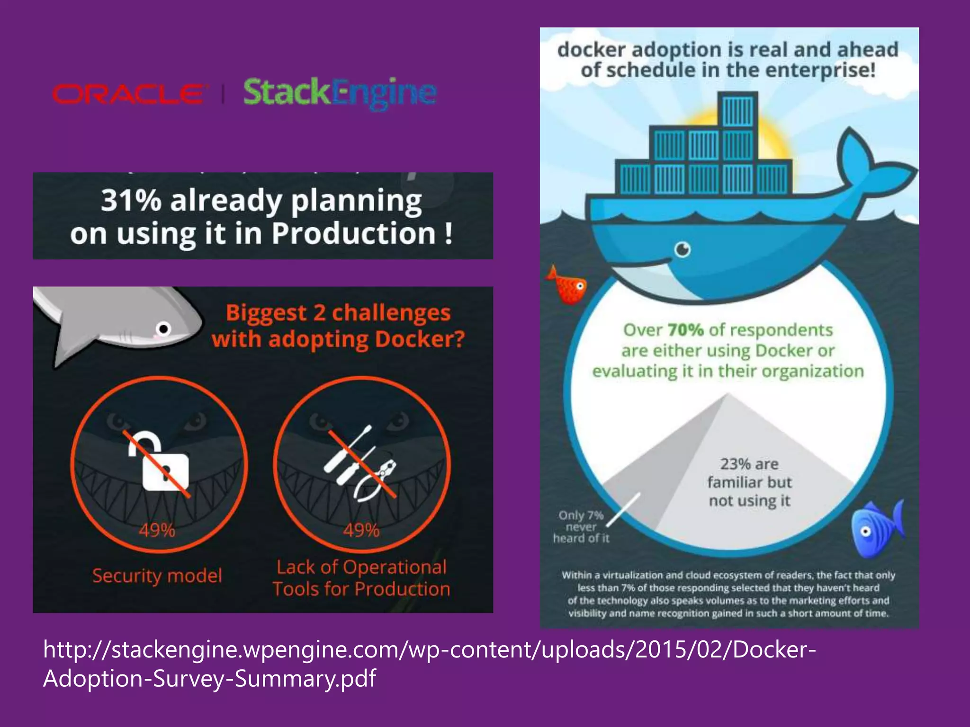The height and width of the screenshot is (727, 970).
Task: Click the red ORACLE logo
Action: tap(128, 94)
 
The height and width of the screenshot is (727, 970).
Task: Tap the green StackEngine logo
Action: tap(339, 93)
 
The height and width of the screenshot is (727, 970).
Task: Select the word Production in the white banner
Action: tap(353, 234)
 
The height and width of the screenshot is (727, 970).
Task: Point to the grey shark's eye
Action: tap(163, 328)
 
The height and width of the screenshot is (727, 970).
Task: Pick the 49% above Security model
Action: tap(157, 531)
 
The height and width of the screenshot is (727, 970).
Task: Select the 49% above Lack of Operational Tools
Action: tap(361, 531)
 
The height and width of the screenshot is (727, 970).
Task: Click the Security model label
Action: tap(157, 576)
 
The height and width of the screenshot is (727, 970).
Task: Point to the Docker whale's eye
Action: tap(683, 249)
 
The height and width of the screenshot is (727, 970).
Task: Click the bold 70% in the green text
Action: tap(685, 330)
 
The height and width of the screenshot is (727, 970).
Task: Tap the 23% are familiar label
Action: tap(749, 482)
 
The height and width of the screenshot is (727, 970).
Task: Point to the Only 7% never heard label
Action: tap(581, 527)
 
